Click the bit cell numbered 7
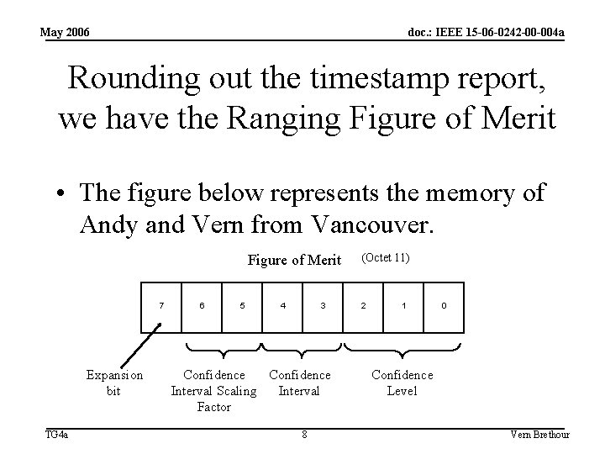pos(162,304)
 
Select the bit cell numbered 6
pos(203,304)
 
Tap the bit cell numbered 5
pos(243,304)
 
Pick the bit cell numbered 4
pos(283,304)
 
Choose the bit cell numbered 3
pos(324,304)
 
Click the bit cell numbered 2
pos(364,304)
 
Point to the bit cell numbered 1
pos(404,304)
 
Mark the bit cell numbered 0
pos(445,304)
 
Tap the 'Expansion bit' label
pos(114,383)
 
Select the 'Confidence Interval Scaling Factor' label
pos(214,391)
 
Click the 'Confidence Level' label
pos(402,383)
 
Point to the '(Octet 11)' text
pos(386,258)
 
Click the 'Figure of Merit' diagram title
pos(294,261)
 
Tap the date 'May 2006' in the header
pos(66,33)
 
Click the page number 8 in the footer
pos(304,435)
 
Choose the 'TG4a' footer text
pos(57,435)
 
